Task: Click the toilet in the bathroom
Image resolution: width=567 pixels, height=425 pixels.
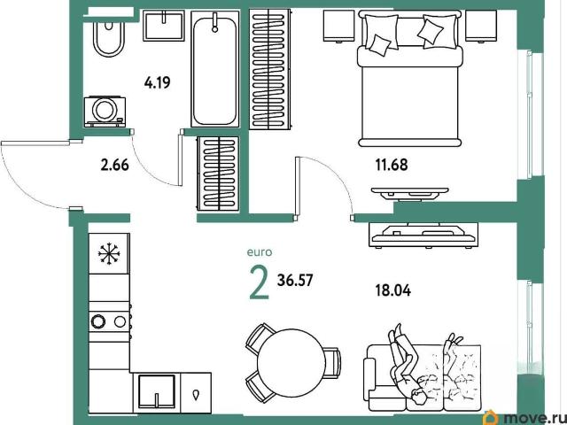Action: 108,38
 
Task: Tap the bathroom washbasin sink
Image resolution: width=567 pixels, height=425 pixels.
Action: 163,26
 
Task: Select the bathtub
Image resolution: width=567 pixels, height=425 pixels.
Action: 215,69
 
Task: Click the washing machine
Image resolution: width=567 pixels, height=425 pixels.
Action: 105,112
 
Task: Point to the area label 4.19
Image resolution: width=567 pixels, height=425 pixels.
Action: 157,83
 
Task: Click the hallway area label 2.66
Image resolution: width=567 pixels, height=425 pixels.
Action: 115,166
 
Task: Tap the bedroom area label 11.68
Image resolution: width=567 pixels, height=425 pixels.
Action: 392,165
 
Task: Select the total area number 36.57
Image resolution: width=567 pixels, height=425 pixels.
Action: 295,280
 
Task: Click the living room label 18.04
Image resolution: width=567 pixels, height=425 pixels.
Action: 393,290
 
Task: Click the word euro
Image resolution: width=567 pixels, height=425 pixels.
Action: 260,252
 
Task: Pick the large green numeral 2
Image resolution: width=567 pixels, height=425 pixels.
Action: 260,284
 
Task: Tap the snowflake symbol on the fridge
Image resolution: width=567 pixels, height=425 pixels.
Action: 108,253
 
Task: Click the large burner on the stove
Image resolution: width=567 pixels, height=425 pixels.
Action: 97,321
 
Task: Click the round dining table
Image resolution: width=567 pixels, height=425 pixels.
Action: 291,363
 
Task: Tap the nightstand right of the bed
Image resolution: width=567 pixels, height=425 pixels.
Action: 480,26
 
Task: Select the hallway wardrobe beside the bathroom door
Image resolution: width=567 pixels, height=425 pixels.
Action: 218,174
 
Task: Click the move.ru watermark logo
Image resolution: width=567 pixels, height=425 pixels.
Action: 525,418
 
